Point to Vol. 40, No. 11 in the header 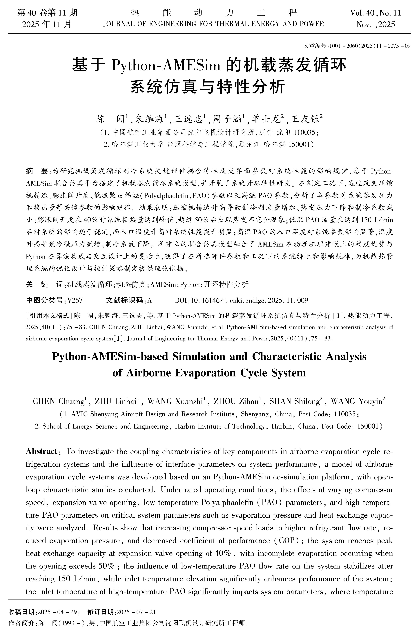tap(376, 13)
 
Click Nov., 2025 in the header tap(376, 25)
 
